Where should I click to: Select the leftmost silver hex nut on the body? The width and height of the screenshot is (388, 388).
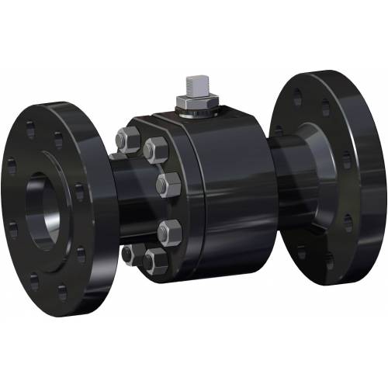pyautogui.click(x=126, y=143)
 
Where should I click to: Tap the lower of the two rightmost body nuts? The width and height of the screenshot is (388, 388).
pyautogui.click(x=168, y=230)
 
